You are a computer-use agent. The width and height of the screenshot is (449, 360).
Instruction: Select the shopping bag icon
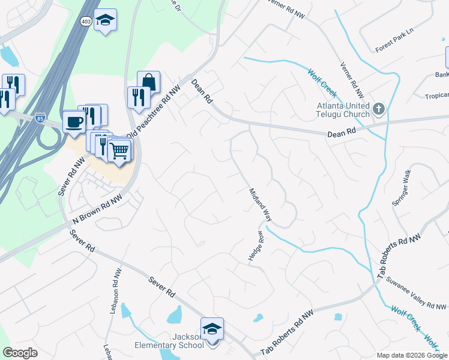pos(148,82)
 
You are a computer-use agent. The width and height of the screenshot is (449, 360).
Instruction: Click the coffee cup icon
pos(74,121)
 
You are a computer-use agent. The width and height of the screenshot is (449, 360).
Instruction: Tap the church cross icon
pos(378,109)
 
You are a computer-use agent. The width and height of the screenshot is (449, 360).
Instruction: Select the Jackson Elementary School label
pos(187,340)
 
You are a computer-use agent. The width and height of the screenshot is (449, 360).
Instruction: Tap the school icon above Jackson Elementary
pos(212,328)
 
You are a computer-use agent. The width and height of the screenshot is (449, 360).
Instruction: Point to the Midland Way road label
pos(261,205)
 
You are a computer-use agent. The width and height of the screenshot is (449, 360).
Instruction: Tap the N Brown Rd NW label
pos(97,209)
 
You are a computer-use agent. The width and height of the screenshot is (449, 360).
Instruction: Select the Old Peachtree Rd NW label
pos(152,115)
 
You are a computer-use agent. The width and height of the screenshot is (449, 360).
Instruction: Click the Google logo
pos(20,353)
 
